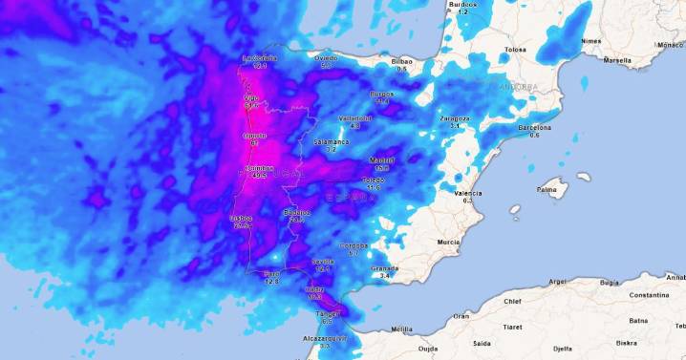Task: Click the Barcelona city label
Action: point(534,127)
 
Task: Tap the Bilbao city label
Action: point(402,61)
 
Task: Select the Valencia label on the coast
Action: point(468,193)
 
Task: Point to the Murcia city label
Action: point(449,243)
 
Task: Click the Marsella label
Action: point(617,60)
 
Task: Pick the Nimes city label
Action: point(591,41)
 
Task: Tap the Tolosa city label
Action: point(517,49)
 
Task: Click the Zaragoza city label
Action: point(455,117)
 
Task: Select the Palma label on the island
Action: point(547,190)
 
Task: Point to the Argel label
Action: point(558,282)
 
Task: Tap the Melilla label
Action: point(402,329)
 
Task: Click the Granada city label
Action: point(385,268)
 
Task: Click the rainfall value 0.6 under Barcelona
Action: point(534,136)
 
